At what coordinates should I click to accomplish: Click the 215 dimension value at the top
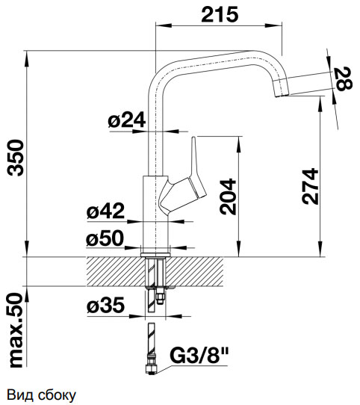(x=220, y=14)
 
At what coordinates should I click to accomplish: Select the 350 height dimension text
(x=16, y=158)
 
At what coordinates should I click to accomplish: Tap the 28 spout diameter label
(x=344, y=78)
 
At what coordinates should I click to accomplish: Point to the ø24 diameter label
(x=127, y=120)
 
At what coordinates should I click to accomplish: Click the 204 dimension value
(x=228, y=197)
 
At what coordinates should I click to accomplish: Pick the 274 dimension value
(x=310, y=187)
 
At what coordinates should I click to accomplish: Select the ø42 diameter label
(x=105, y=211)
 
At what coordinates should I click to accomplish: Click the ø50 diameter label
(x=105, y=238)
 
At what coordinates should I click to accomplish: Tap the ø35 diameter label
(x=105, y=305)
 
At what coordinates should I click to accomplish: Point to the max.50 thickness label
(x=16, y=330)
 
